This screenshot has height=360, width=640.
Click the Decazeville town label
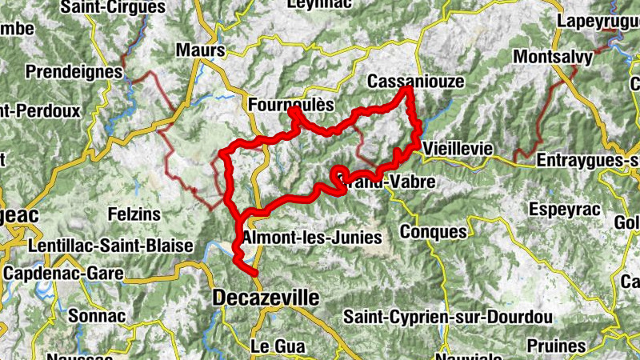point(266,298)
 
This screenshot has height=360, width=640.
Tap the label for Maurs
point(201,50)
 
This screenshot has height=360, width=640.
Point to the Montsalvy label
point(553,58)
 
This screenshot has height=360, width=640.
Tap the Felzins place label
point(134,214)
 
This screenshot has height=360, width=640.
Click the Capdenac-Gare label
point(63,273)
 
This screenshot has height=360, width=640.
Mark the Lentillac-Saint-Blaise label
point(110,246)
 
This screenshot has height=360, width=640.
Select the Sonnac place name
point(97,316)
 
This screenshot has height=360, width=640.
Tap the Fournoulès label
point(290,105)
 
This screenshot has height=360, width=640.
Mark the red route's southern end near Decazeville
point(255,274)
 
